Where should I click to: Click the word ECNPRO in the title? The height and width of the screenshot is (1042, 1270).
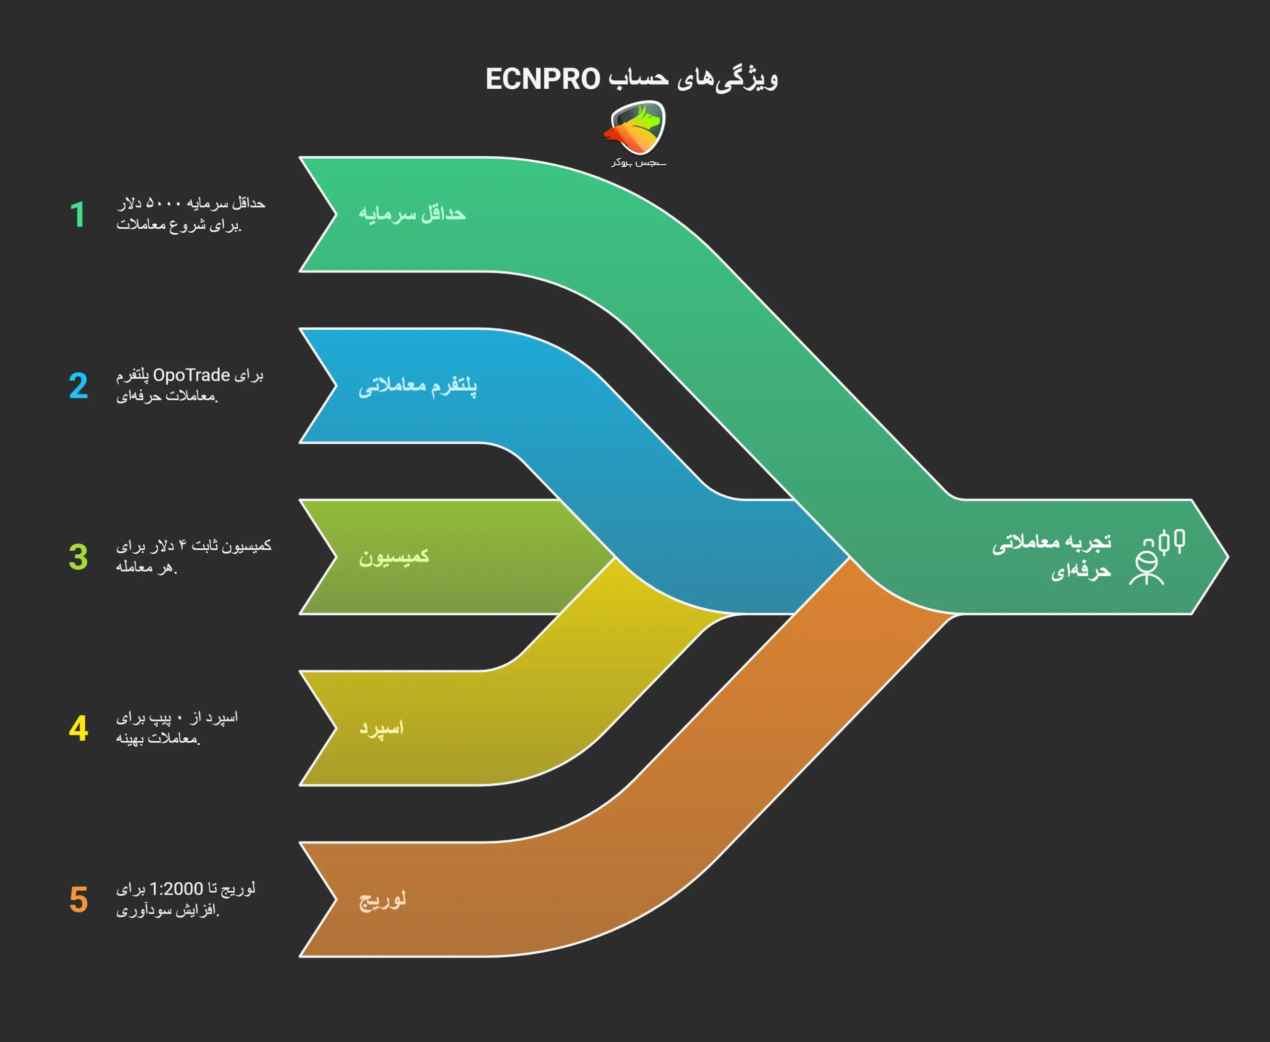543,79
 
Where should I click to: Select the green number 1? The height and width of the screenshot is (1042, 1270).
77,215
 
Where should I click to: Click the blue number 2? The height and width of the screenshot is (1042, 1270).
78,386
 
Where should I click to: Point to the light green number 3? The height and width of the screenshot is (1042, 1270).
78,557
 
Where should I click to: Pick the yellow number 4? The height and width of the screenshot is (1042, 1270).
78,729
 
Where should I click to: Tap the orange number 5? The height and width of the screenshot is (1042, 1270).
78,900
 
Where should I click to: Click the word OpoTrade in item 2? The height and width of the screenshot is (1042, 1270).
191,375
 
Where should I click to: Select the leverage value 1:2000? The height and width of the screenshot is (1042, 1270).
176,889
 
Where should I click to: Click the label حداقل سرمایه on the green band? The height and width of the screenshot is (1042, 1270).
412,214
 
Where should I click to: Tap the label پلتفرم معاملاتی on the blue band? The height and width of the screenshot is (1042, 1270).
418,386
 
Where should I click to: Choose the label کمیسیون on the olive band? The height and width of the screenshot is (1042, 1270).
394,556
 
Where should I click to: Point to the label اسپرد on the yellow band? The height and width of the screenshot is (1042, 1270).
381,728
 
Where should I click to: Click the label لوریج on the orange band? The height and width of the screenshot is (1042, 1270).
382,900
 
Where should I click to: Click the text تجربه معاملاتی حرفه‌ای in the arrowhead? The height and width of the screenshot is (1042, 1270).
1052,556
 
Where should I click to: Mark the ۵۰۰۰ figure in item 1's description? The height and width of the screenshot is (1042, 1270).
164,203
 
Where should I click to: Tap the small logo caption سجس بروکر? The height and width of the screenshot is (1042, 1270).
638,163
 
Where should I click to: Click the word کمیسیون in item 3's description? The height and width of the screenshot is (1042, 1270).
247,546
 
